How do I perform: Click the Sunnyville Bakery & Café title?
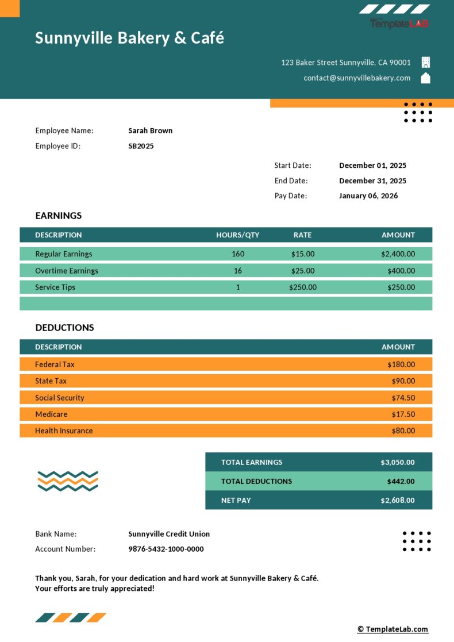point(129,38)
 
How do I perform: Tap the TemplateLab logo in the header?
point(399,23)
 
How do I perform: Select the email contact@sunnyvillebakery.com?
point(357,78)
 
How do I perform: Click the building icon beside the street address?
point(426,62)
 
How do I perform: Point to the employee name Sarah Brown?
point(150,130)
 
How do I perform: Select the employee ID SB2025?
point(141,146)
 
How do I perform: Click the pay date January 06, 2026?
point(368,196)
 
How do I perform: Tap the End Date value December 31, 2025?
point(372,180)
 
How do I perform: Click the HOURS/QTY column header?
point(237,235)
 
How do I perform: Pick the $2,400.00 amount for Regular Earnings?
point(398,254)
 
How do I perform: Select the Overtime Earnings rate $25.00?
point(302,271)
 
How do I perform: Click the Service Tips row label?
point(55,287)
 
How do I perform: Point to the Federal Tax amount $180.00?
point(401,364)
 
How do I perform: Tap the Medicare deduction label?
point(51,414)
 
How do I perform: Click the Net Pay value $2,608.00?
point(397,501)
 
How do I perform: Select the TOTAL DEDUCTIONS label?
point(256,482)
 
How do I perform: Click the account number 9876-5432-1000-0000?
point(166,549)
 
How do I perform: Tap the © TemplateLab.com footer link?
point(393,629)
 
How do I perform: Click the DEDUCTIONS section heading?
point(64,328)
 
